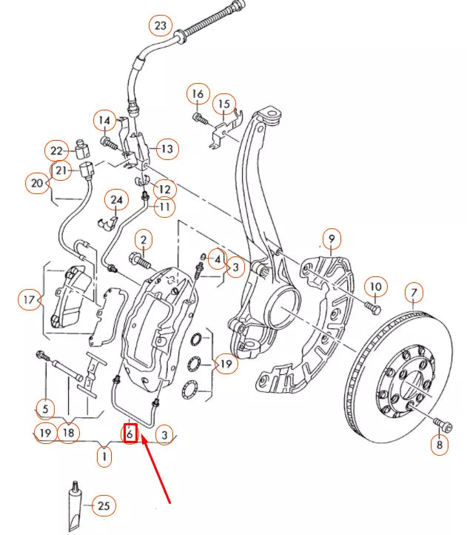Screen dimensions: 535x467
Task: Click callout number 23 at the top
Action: click(x=160, y=26)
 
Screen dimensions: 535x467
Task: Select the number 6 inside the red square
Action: click(x=130, y=433)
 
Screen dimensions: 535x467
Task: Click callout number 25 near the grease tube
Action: click(x=104, y=506)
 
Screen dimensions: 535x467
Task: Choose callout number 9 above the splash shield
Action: click(x=332, y=239)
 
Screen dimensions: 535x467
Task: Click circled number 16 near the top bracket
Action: click(x=198, y=95)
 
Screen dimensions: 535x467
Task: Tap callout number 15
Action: click(x=224, y=104)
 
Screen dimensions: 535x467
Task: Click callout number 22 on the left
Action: click(x=57, y=150)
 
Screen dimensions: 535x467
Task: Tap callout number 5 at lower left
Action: click(x=46, y=408)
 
